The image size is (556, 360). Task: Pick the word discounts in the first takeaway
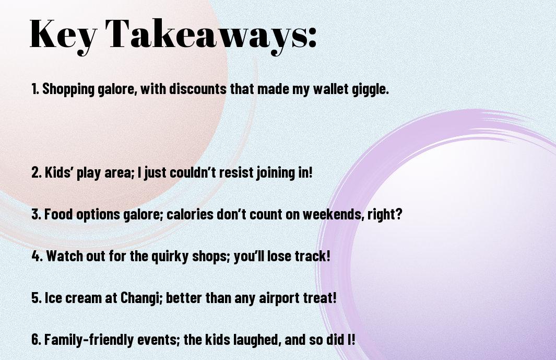tap(198, 89)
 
